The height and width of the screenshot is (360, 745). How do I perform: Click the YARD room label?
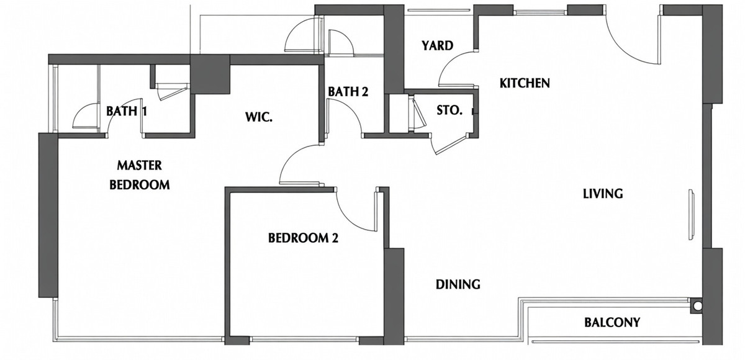coord(437,45)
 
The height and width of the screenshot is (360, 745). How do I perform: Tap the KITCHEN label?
coord(525,83)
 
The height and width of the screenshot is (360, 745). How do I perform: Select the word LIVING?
coord(603,194)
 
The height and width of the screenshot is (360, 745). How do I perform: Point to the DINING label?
coord(458,284)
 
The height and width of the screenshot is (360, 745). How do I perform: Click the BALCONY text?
coord(612,322)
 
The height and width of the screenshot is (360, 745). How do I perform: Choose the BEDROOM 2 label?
coord(303,238)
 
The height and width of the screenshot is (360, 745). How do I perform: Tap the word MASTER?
coord(139,165)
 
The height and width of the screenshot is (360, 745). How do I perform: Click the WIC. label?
coord(259,117)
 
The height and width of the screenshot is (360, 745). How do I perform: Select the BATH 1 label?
coord(127,111)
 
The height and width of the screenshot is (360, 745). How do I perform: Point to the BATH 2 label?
coord(348,91)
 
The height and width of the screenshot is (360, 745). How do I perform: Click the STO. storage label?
coord(449,110)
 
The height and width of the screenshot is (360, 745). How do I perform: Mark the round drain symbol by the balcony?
coord(698,305)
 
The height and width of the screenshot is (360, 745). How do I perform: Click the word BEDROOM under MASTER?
coord(140,184)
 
